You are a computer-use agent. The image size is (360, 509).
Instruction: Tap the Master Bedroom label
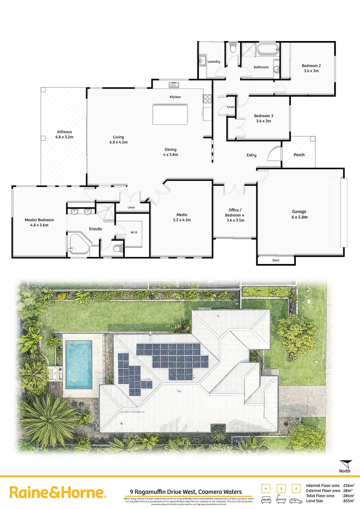tap(40, 220)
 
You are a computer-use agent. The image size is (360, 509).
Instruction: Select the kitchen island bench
tap(170, 114)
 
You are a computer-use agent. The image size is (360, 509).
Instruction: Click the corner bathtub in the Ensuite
tap(78, 244)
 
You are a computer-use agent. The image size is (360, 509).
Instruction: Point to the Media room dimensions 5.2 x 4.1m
tap(181, 220)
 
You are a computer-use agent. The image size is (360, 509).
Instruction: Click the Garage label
tap(299, 212)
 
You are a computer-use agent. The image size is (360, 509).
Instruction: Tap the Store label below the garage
tap(276, 260)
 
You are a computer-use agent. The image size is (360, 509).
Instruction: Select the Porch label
tap(299, 155)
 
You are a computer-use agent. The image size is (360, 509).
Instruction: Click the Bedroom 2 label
tap(311, 66)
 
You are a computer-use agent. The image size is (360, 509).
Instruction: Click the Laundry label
tap(214, 62)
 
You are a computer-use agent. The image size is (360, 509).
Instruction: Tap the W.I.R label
tap(134, 232)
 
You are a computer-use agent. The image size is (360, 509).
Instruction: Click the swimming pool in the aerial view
tap(78, 365)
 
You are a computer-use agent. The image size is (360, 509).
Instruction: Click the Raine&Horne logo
tap(57, 493)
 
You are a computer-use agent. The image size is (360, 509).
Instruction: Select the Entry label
tap(252, 155)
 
